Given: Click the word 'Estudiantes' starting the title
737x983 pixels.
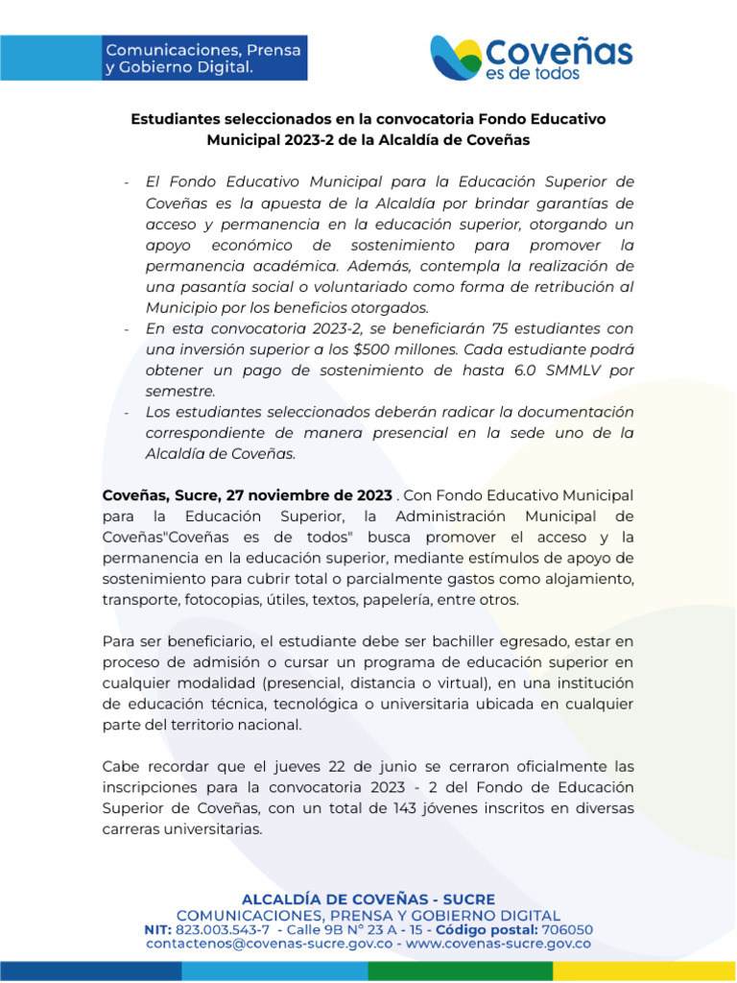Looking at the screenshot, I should click(x=174, y=119).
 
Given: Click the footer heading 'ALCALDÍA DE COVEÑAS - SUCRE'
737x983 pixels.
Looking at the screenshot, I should click(x=368, y=899).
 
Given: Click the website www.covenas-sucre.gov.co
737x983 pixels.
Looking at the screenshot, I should click(x=498, y=944).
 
